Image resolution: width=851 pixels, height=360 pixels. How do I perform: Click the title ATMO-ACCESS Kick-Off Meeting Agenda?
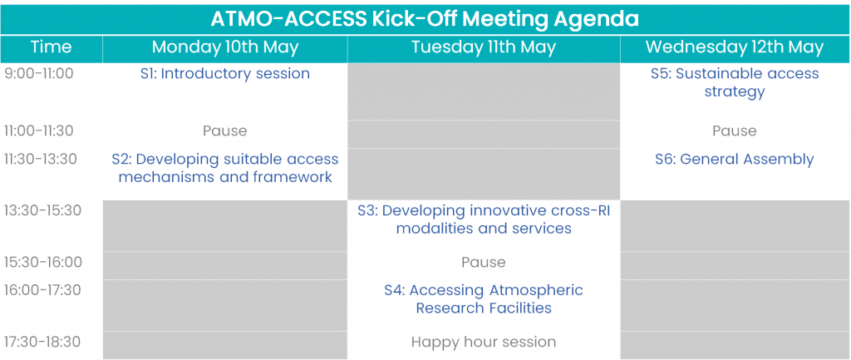(x=425, y=19)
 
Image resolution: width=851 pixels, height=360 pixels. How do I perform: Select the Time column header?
(x=51, y=47)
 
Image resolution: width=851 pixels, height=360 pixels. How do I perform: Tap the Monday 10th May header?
(x=225, y=47)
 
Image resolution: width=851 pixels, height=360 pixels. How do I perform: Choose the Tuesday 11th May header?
(x=484, y=47)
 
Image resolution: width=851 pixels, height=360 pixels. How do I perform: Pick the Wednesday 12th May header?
(x=735, y=47)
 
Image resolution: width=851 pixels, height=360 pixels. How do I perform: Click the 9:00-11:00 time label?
(x=38, y=74)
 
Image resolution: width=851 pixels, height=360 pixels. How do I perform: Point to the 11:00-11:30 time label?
(x=38, y=131)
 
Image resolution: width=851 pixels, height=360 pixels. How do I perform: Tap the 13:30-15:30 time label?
(x=42, y=210)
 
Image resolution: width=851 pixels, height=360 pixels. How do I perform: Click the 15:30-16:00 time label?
(x=43, y=262)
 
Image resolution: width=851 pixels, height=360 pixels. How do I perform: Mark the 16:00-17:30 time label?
(x=42, y=290)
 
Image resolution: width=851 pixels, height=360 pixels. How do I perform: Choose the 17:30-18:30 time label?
(x=42, y=342)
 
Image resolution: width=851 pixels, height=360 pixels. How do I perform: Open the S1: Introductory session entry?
(x=225, y=74)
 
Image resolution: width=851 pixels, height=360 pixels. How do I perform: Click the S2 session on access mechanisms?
(x=225, y=168)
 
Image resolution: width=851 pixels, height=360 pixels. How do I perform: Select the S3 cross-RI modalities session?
(x=484, y=219)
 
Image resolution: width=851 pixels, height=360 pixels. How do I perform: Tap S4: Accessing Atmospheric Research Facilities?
(x=484, y=299)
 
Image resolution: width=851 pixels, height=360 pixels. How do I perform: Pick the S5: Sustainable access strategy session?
(x=735, y=82)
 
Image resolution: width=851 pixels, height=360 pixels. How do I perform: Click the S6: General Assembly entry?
(x=735, y=160)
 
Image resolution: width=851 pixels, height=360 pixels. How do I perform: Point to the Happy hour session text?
(x=484, y=342)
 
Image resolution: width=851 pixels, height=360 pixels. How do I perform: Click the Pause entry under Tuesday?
(x=484, y=263)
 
